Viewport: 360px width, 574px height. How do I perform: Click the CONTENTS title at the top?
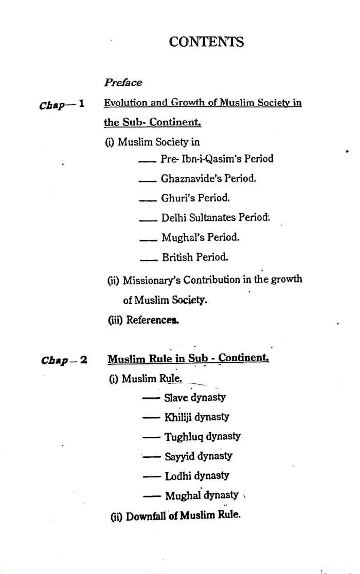click(x=206, y=42)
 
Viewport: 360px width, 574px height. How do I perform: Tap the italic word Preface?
click(x=123, y=82)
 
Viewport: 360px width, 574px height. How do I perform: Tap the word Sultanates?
click(x=207, y=217)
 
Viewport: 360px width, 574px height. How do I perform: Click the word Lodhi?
click(x=177, y=476)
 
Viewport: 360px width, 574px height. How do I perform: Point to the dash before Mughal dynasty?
click(x=152, y=496)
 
